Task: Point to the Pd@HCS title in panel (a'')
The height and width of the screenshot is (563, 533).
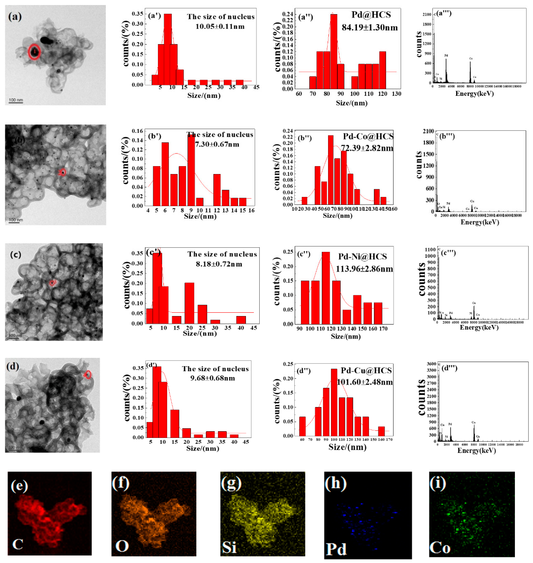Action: (x=371, y=15)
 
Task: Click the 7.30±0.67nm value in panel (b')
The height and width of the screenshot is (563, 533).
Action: (x=217, y=144)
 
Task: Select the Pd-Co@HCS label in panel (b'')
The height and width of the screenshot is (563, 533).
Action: (x=368, y=136)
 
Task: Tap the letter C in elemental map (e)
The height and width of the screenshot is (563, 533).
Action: (x=18, y=544)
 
